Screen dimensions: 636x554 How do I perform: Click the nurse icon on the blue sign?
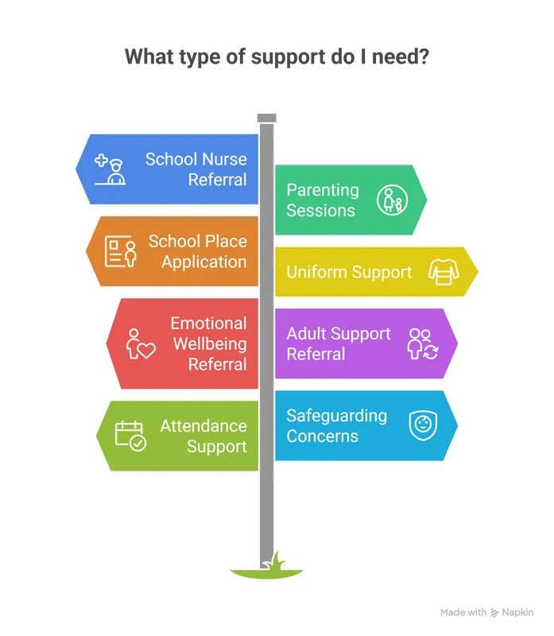pos(112,169)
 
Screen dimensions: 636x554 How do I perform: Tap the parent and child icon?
pos(391,200)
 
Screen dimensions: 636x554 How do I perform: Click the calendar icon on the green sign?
pos(130,436)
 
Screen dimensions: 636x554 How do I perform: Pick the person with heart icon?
pos(140,343)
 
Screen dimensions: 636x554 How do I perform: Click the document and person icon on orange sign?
pos(122,251)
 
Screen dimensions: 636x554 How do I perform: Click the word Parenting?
pos(323,190)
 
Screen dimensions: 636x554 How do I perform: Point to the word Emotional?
pos(208,324)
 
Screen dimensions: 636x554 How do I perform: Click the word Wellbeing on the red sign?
pos(210,344)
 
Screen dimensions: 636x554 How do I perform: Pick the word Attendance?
pos(203,426)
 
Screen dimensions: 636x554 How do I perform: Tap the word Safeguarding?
pos(336,416)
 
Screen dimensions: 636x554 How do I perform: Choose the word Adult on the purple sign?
pos(306,334)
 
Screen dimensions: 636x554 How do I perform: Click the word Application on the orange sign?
pos(204,262)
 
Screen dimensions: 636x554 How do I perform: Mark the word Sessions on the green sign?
pos(320,211)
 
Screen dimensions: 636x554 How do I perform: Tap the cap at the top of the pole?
pos(267,118)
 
